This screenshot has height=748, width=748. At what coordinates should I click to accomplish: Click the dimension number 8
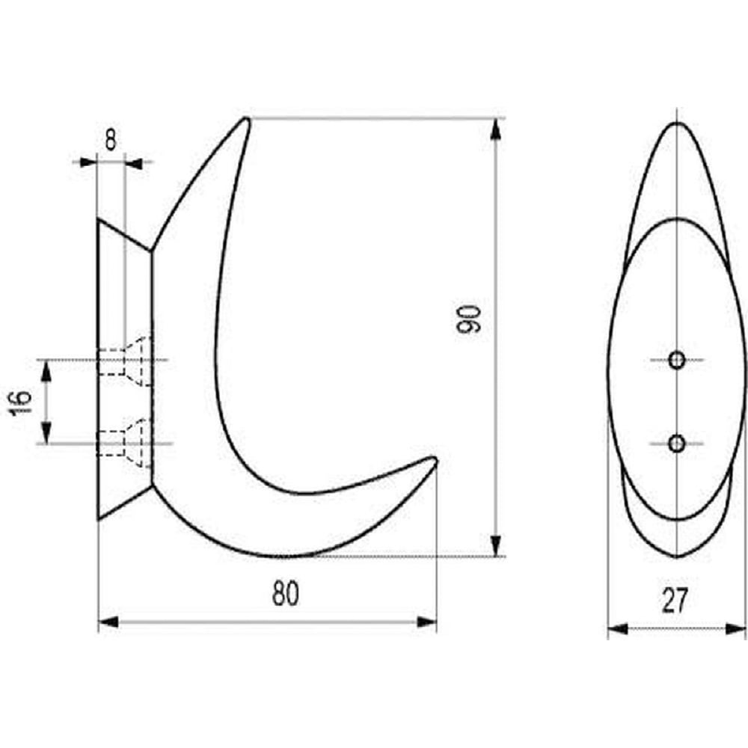click(110, 141)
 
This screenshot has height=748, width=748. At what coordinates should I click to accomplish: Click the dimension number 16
click(20, 402)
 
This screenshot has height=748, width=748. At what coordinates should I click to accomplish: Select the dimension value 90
click(468, 318)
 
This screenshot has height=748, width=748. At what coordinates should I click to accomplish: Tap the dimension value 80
click(285, 594)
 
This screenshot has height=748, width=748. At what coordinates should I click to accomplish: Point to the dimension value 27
click(675, 601)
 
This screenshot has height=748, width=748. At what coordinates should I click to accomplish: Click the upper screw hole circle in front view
click(676, 360)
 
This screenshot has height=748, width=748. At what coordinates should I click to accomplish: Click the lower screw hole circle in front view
click(676, 444)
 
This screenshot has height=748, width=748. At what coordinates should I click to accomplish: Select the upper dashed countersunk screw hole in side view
click(125, 361)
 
